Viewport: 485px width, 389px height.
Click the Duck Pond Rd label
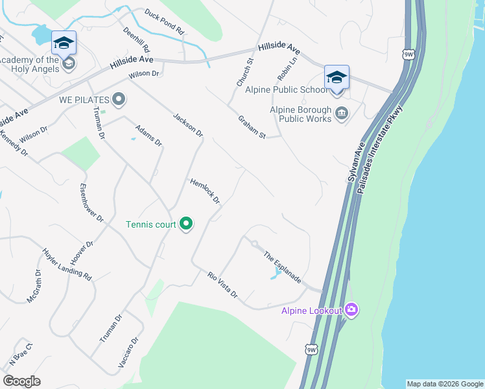pos(165,21)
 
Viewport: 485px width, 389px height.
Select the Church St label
pos(244,73)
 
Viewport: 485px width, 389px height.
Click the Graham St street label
pos(252,127)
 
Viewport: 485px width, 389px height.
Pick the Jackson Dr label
pos(188,125)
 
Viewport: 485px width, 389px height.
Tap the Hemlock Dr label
pos(205,191)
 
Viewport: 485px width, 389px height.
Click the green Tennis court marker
pos(186,224)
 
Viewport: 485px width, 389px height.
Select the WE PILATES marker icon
pos(118,100)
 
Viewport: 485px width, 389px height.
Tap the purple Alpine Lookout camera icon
pos(351,309)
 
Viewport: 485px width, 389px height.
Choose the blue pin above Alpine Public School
pos(337,77)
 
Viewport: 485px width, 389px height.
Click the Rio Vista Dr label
pos(223,285)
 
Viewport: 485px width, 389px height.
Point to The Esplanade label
pos(282,266)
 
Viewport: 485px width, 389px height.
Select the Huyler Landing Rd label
pos(67,265)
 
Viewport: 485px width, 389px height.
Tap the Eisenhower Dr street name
pos(91,203)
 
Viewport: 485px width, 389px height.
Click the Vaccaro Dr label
pos(128,353)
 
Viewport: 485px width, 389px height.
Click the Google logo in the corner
pos(22,381)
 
